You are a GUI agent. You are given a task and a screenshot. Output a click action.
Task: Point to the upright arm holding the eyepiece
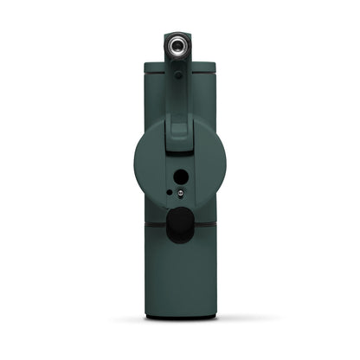[x=177, y=95]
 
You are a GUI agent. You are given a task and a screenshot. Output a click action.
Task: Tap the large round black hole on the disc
[x=180, y=177]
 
